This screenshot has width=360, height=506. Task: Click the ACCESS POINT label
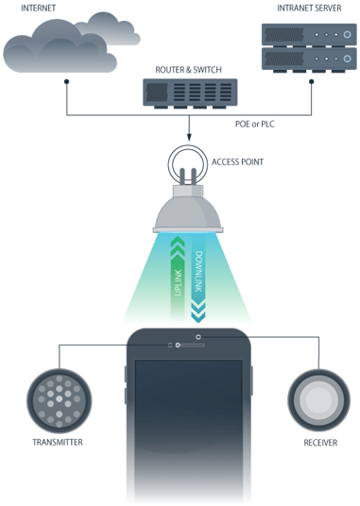[237, 160]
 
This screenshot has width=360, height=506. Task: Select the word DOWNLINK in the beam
[199, 274]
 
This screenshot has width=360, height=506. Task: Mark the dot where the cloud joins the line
[65, 82]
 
